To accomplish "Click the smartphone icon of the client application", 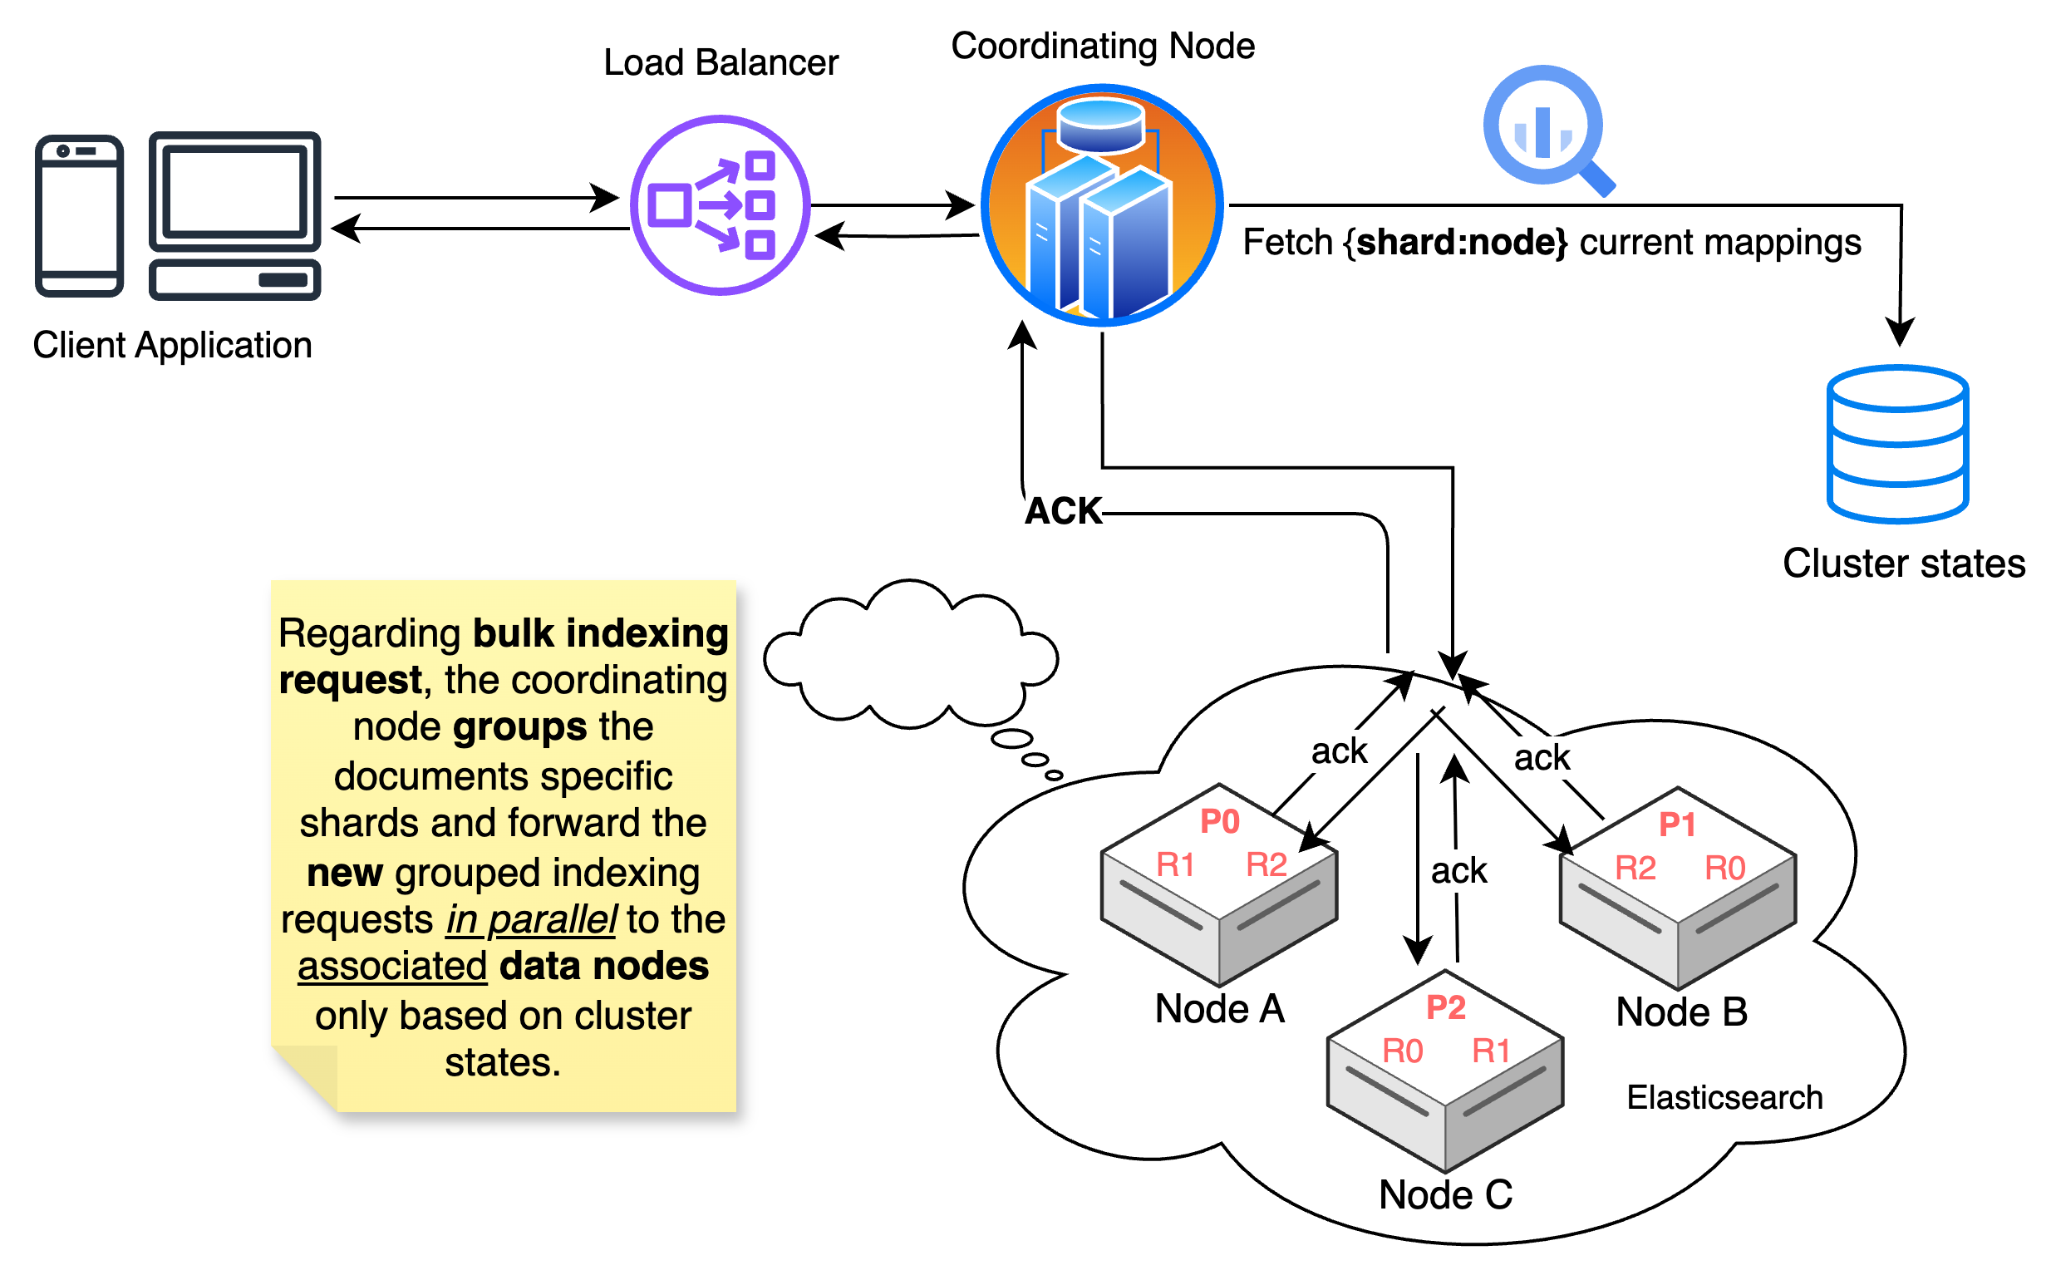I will coord(79,216).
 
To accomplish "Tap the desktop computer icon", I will coord(234,215).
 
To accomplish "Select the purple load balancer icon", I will coord(720,204).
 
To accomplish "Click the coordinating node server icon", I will coord(1100,204).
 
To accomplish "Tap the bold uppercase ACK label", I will coord(1062,511).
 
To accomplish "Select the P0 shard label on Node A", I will coord(1219,821).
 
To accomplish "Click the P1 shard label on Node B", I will coord(1677,825).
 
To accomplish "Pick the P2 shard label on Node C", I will coord(1445,1007).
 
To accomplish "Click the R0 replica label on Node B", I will coord(1724,869).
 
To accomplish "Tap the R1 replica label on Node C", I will coord(1491,1051).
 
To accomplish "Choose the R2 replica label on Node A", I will coord(1266,865).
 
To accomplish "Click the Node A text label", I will coord(1219,1009).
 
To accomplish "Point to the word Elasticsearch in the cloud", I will coord(1724,1098).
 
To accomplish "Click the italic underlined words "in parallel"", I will coord(531,920).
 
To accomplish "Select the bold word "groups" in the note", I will coord(519,727).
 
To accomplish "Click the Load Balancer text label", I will coord(721,62).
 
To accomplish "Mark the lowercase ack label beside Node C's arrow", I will coord(1458,871).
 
